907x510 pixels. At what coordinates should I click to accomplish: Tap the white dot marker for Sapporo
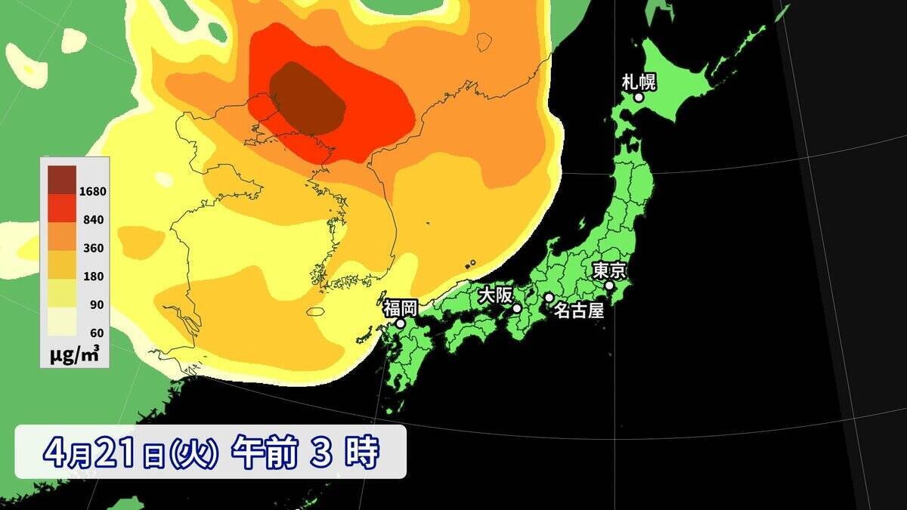click(x=639, y=97)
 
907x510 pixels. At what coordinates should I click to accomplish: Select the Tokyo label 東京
click(x=608, y=270)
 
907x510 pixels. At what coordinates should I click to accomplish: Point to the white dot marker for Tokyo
click(x=609, y=286)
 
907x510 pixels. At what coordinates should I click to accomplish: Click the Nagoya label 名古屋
click(x=579, y=310)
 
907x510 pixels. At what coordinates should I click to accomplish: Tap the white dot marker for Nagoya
click(x=549, y=298)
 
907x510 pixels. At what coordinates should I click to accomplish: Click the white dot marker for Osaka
click(x=517, y=308)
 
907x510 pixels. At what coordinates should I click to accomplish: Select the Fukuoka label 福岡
click(x=400, y=308)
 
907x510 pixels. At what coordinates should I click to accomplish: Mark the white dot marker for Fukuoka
click(x=401, y=323)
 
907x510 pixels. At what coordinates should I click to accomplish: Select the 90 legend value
click(x=96, y=304)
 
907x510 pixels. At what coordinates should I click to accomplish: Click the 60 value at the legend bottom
click(x=96, y=332)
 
